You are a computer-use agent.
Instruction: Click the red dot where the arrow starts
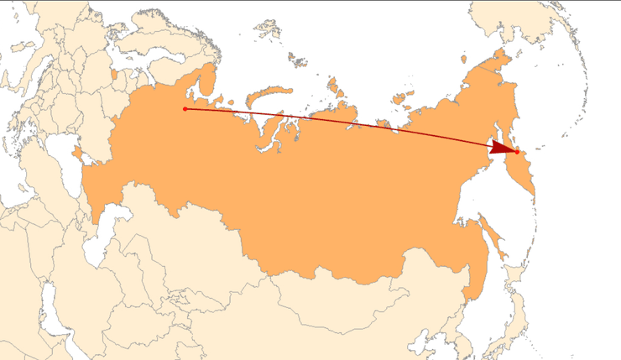click(x=185, y=109)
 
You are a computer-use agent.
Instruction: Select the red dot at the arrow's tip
click(x=517, y=151)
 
